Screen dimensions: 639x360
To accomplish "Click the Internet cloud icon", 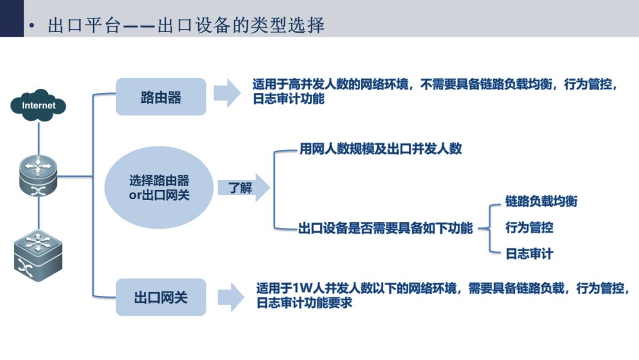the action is pos(38,105).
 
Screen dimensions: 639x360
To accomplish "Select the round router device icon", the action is pos(38,176).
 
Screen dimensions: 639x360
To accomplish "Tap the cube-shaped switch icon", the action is pos(38,255).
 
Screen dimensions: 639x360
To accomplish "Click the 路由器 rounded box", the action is pos(161,97).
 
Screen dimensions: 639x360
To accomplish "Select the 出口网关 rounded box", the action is pos(161,297).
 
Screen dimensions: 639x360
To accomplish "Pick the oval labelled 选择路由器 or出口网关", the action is pos(159,188).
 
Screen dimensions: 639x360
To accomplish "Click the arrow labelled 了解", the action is pos(243,188).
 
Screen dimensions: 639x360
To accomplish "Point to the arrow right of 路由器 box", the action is pos(227,94).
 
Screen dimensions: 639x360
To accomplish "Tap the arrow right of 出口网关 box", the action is pos(231,297).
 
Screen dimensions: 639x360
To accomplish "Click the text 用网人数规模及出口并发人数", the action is pos(380,149).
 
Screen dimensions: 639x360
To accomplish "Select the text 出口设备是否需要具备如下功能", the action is pos(386,228).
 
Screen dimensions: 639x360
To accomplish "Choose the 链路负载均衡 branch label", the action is pos(541,201).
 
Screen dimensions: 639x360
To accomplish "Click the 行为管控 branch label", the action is pos(530,227).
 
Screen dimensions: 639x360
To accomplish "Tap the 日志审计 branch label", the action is pos(530,254).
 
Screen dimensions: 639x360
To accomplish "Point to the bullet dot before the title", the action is pos(32,27).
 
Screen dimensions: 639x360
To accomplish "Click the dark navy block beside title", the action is pos(12,18).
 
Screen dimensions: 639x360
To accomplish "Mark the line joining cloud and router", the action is pos(38,139).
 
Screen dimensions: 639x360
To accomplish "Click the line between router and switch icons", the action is pos(38,213).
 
